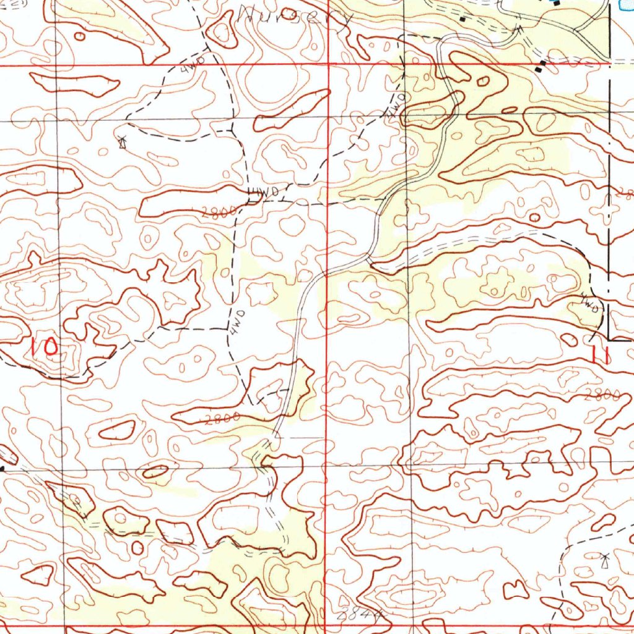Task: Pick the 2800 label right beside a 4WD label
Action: pos(219,212)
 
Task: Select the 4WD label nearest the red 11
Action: pos(590,303)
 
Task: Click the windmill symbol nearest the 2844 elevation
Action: pos(605,561)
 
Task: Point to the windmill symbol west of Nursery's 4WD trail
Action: pos(123,143)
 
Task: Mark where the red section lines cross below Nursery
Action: pos(328,64)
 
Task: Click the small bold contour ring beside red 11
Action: pos(568,339)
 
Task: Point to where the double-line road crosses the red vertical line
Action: pos(327,271)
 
